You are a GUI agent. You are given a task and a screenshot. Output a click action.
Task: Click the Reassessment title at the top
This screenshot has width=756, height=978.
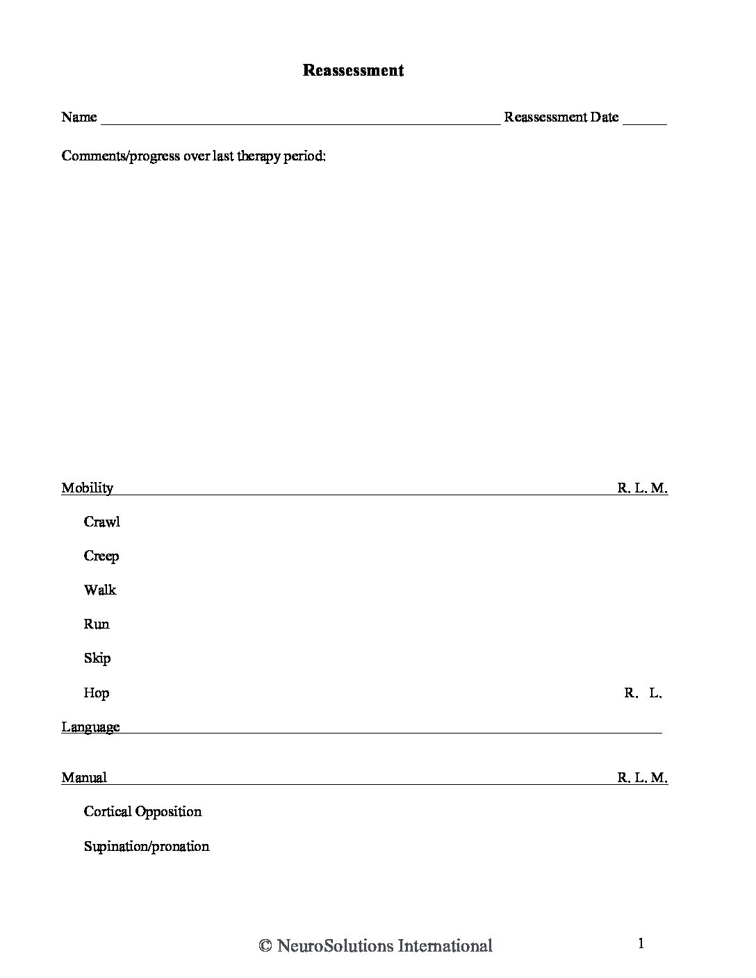(x=353, y=70)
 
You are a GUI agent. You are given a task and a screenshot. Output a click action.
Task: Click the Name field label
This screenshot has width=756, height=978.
(x=79, y=117)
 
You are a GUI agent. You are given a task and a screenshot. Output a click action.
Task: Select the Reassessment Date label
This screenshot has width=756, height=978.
(x=561, y=117)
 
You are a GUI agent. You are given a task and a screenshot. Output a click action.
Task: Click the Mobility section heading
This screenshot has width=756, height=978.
(x=87, y=488)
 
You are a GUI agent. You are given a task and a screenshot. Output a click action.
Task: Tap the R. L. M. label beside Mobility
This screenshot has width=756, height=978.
(x=642, y=488)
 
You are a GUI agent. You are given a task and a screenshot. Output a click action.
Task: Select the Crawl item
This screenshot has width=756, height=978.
(x=101, y=522)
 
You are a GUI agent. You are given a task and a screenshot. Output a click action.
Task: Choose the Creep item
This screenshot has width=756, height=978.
(x=101, y=556)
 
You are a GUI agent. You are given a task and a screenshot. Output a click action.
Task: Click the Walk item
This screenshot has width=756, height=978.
(x=100, y=590)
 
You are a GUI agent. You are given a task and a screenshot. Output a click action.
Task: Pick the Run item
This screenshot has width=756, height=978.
(x=97, y=624)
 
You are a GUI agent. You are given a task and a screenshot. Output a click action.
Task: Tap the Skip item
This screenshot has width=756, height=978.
(x=97, y=658)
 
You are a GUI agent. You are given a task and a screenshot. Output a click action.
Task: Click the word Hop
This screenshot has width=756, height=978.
(x=97, y=693)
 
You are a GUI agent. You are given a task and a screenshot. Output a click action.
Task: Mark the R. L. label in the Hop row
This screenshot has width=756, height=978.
(x=643, y=693)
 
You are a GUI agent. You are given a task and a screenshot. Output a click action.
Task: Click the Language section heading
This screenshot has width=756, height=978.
(x=90, y=727)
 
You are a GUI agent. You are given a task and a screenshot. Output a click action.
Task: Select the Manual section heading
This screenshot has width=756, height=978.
(x=84, y=777)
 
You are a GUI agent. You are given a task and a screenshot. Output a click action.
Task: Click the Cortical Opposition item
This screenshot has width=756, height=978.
(x=142, y=811)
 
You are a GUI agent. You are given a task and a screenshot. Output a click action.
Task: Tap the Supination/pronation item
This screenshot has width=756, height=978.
(x=146, y=846)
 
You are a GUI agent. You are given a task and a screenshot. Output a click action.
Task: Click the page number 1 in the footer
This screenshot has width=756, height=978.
(x=641, y=943)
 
